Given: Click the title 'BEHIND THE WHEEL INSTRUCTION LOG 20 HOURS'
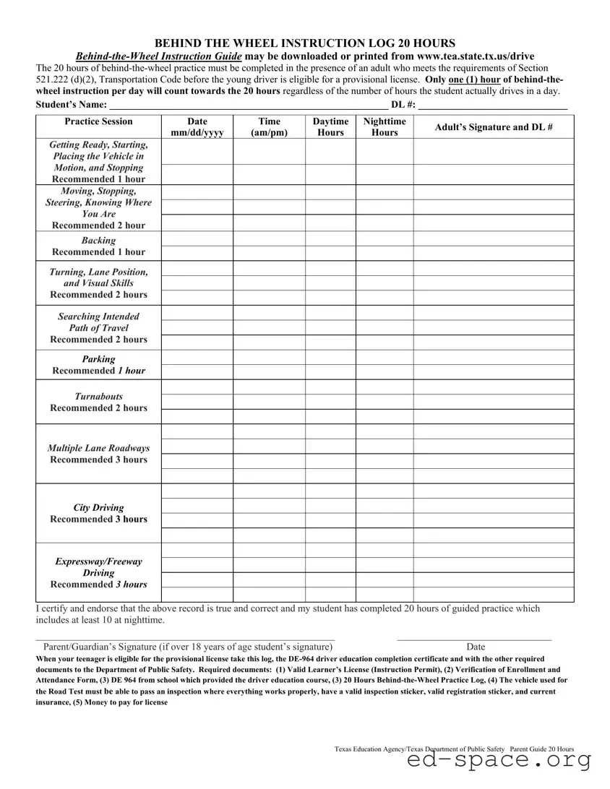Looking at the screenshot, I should point(305,43).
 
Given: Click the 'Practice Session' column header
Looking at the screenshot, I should point(98,121).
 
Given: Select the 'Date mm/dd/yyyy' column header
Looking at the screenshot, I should point(197,127).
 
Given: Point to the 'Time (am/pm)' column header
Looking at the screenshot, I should point(269,127).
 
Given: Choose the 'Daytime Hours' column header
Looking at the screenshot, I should point(330,127).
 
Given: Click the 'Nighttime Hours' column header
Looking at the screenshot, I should point(385,127).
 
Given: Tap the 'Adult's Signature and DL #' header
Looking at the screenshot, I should point(494,127).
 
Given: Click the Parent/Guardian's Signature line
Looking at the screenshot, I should point(185,638).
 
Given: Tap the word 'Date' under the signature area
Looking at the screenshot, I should point(476,647).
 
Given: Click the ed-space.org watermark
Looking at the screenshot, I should point(499,761).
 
